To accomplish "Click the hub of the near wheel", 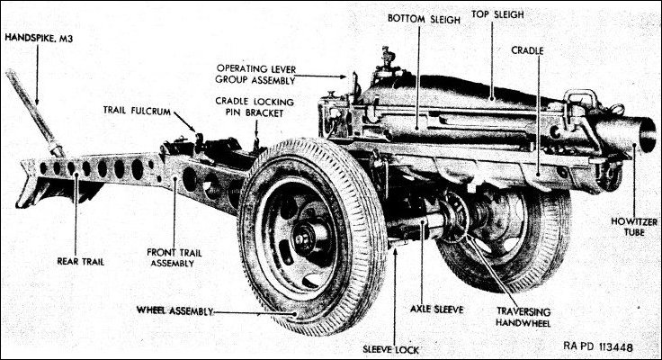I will click(x=303, y=238).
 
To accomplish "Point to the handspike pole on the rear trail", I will click(x=31, y=108).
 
